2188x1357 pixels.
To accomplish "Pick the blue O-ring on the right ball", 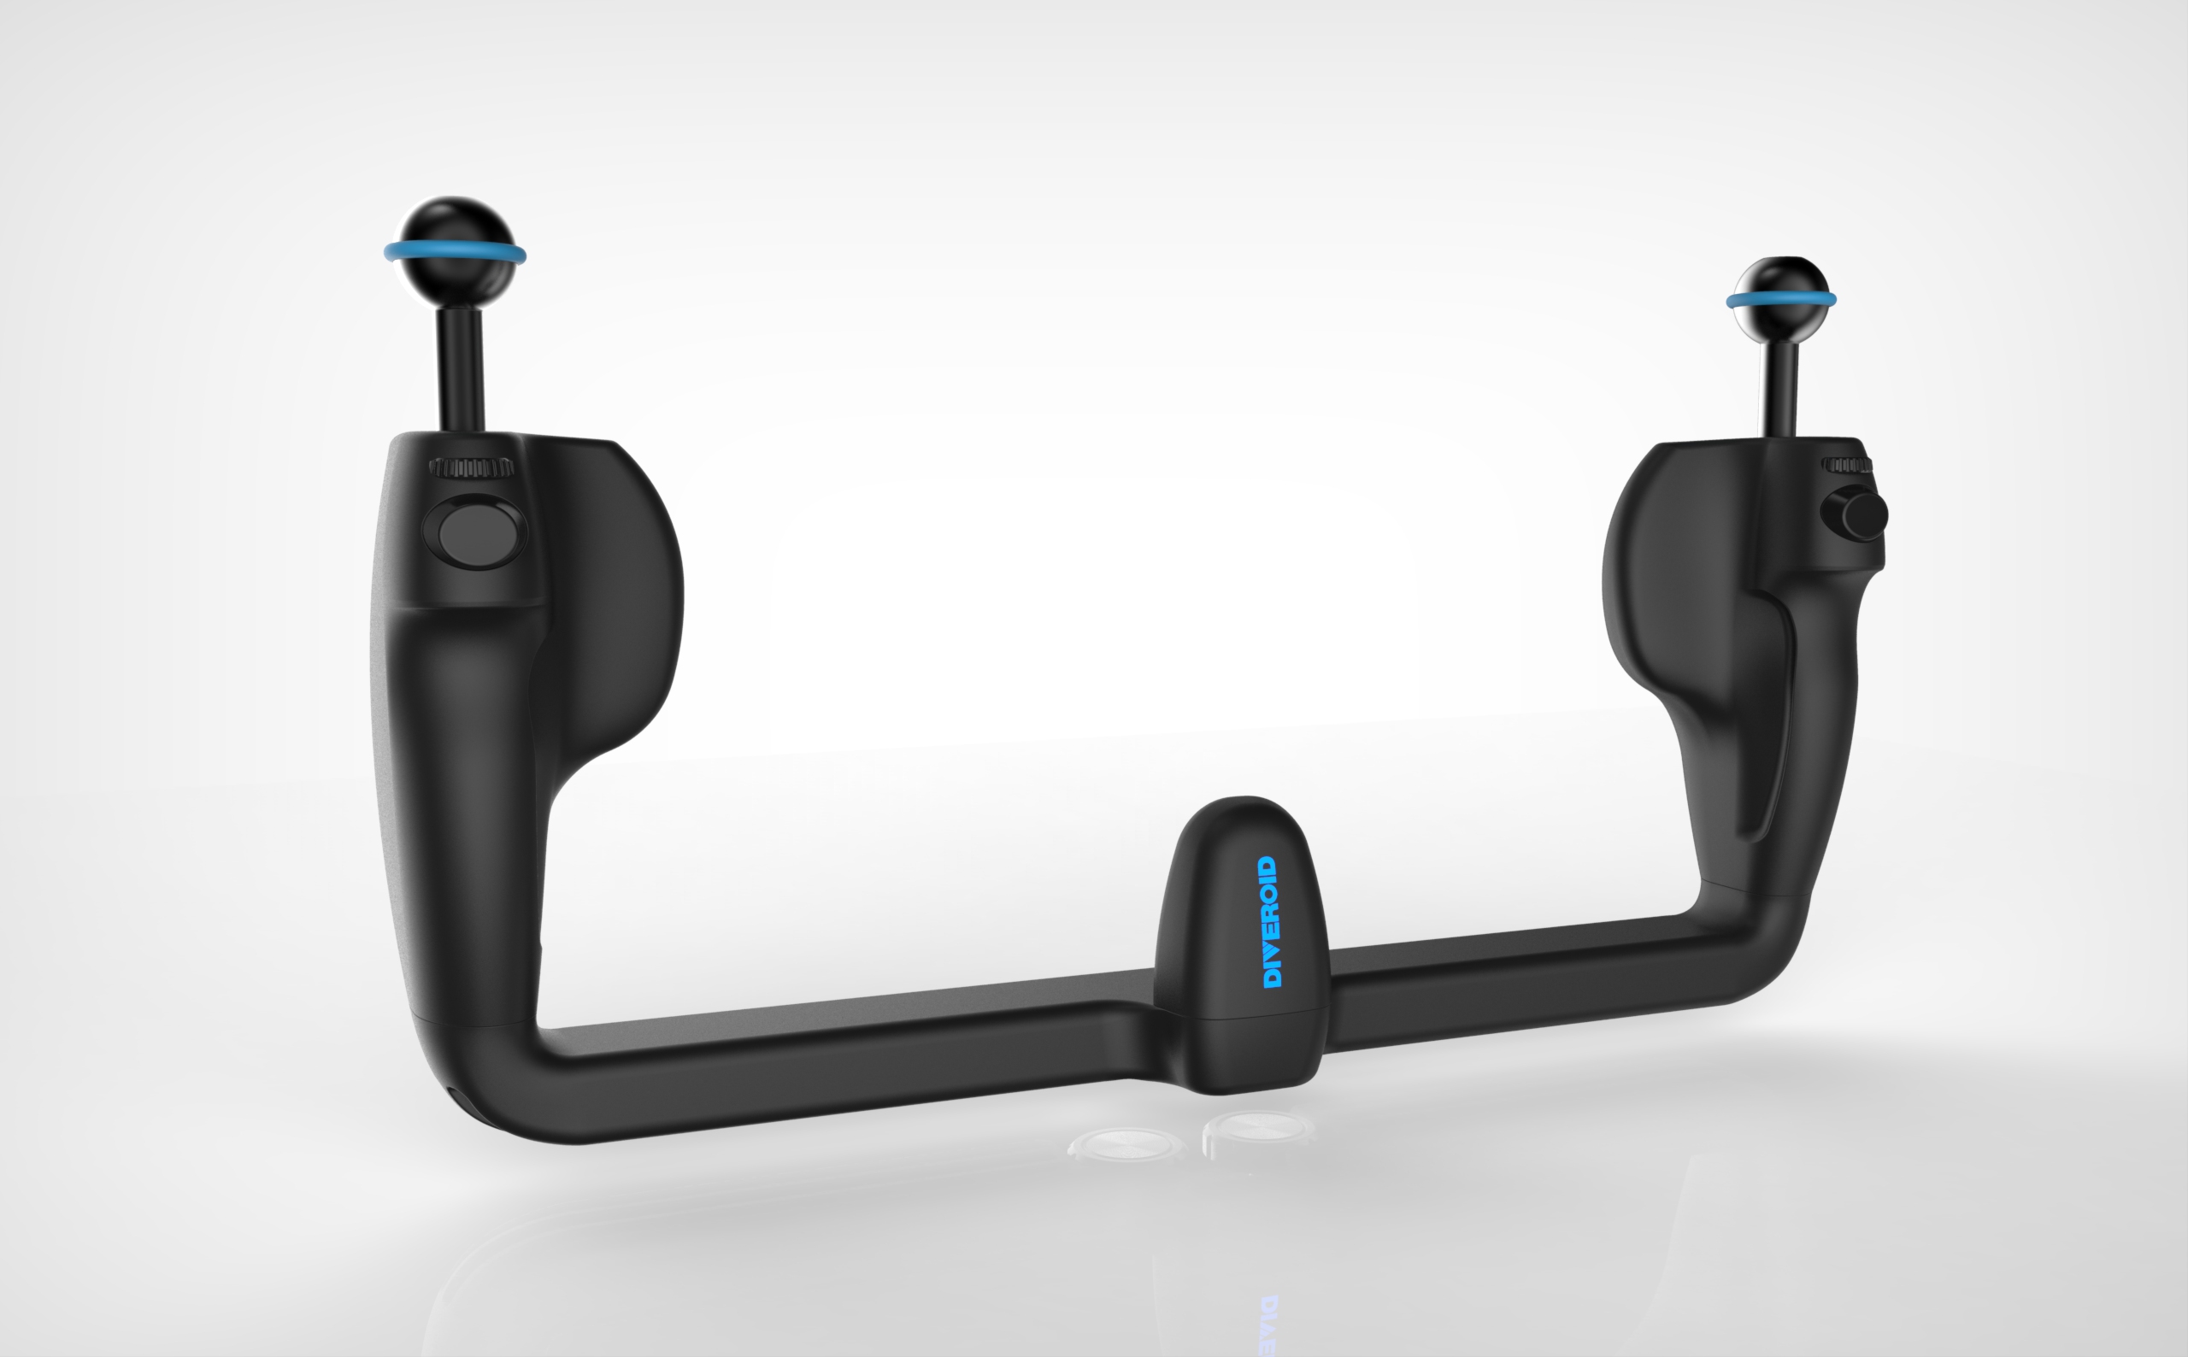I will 1781,299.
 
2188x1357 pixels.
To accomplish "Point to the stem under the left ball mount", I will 461,368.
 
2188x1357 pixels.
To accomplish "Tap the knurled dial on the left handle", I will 471,467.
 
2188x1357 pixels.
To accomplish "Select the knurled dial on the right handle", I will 1846,465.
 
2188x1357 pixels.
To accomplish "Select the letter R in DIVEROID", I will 1270,914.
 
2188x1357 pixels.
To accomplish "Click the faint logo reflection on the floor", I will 1268,1324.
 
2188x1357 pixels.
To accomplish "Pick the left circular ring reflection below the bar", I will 1126,1144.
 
